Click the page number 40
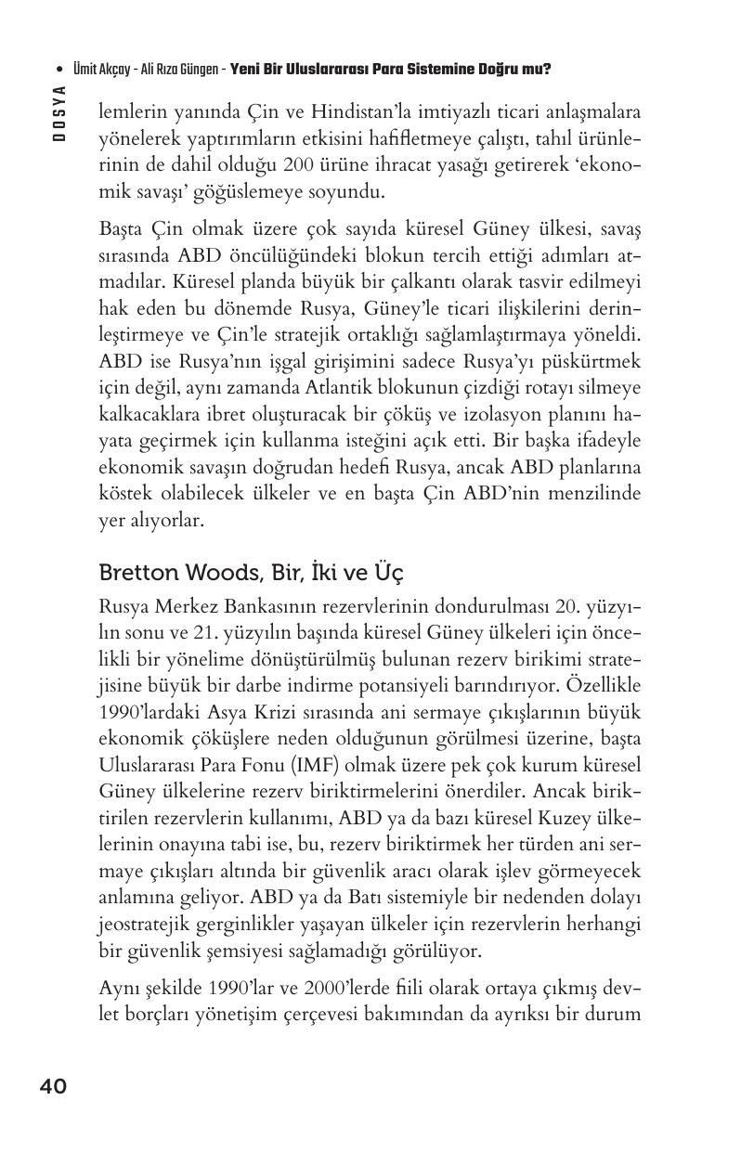click(x=53, y=1086)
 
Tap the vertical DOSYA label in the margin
click(x=59, y=112)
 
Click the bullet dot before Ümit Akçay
click(x=59, y=69)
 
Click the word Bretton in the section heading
click(x=138, y=573)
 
